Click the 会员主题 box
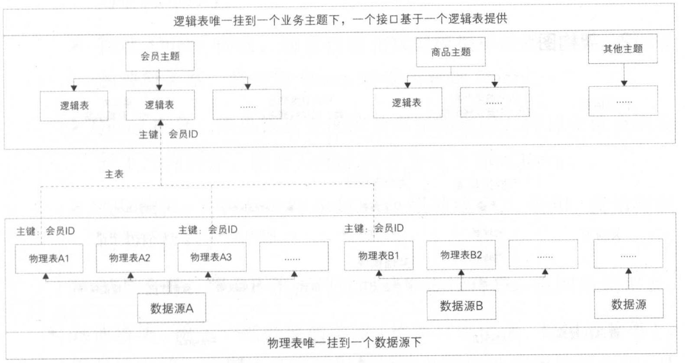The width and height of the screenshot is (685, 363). (x=160, y=56)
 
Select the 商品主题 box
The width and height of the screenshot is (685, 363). (x=451, y=52)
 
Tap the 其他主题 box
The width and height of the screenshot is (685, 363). (x=623, y=49)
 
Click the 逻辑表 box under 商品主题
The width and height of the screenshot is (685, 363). (x=407, y=103)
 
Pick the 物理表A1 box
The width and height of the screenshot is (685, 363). (x=49, y=259)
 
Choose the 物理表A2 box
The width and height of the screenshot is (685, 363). (x=130, y=258)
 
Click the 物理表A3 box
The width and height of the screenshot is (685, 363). (x=211, y=257)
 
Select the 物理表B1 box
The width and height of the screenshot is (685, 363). (x=378, y=256)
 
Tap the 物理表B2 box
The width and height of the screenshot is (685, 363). (x=461, y=255)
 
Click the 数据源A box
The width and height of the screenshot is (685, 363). (x=172, y=308)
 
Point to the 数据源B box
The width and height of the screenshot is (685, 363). (x=461, y=306)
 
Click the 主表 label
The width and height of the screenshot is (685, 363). (x=114, y=174)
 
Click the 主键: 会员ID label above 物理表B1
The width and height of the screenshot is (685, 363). (x=374, y=228)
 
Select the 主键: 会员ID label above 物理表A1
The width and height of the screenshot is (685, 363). (x=45, y=231)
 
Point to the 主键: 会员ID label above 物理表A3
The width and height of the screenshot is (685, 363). (x=208, y=230)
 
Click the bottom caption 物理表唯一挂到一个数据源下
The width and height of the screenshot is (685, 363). (x=344, y=343)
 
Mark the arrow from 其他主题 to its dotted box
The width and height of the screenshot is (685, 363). (x=624, y=75)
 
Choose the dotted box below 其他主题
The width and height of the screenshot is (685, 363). (x=623, y=102)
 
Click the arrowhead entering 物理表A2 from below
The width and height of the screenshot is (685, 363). (x=130, y=275)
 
